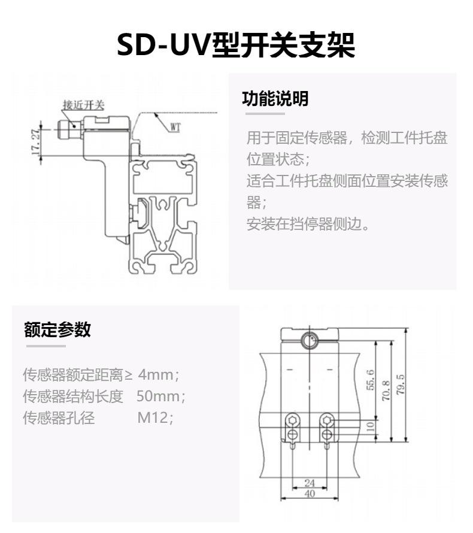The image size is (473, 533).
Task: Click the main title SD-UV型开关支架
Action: pos(236,45)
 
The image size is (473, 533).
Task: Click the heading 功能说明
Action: pos(275,99)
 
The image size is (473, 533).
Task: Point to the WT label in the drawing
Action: pos(175,126)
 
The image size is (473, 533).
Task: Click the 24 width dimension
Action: pos(310,483)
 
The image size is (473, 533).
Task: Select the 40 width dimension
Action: pos(310,494)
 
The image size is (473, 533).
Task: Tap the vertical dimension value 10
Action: pos(370,426)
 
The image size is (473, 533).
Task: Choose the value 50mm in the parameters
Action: pos(157,396)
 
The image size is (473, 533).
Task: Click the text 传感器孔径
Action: pos(58,417)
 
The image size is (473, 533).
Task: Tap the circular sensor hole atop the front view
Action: pos(310,341)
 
